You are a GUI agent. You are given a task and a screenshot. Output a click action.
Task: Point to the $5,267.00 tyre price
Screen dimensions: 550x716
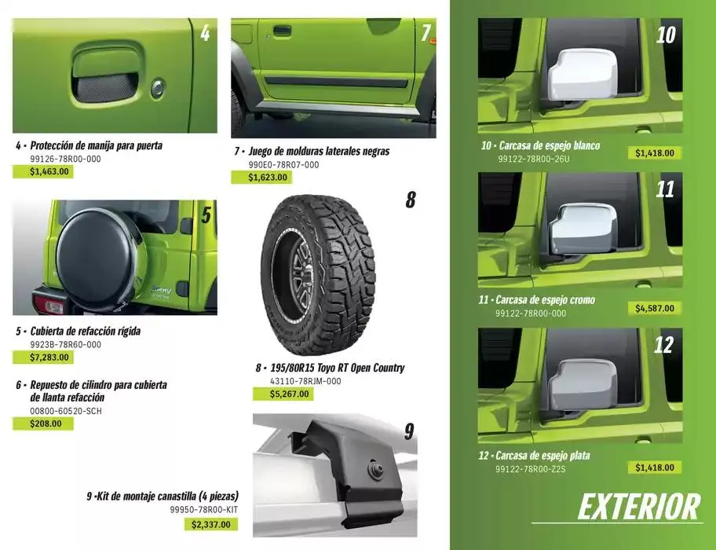[290, 394]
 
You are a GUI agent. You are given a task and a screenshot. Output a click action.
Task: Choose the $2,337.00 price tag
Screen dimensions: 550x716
[211, 524]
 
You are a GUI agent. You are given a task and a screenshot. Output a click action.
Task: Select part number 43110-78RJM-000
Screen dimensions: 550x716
[305, 381]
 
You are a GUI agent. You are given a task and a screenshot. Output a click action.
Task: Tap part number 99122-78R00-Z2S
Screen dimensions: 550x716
[532, 469]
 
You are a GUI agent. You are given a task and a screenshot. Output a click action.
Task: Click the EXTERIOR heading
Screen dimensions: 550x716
[638, 507]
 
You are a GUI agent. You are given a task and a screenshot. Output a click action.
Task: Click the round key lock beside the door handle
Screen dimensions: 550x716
[158, 88]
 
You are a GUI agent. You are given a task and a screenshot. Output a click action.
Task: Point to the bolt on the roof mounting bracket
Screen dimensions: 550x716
[376, 471]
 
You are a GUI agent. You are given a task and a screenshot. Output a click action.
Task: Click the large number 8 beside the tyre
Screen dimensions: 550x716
[410, 200]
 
